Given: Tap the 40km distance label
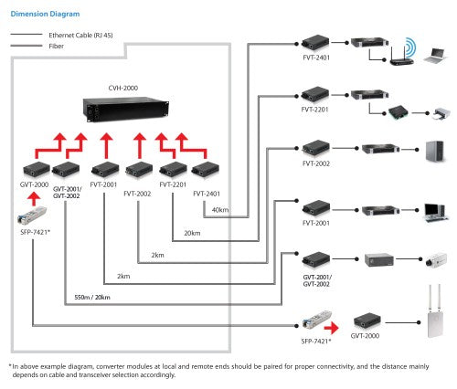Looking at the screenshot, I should pos(219,209).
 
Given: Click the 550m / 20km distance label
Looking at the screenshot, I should pos(90,298).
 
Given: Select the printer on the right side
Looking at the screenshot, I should pos(440,112).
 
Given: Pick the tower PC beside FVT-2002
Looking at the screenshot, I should pos(433,151).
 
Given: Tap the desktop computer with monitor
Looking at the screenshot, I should pos(433,210).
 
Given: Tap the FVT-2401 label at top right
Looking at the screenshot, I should pos(316,58).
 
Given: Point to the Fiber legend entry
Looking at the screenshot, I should pos(56,44).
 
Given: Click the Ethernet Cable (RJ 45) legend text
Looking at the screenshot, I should pos(81,34).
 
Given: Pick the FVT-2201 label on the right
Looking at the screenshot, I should pos(316,109).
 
